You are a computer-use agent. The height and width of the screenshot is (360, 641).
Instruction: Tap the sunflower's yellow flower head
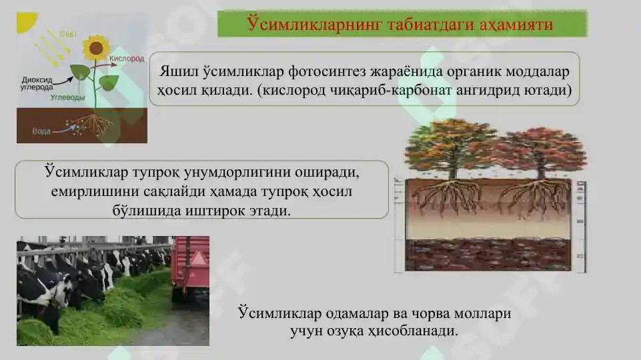click(96, 48)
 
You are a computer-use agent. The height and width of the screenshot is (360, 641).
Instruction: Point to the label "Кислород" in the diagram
click(126, 59)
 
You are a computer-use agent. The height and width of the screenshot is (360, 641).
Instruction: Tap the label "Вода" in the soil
click(41, 131)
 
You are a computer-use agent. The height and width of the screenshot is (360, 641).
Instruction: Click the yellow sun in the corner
click(25, 21)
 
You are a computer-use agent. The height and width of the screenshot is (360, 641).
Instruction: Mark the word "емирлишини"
click(93, 191)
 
